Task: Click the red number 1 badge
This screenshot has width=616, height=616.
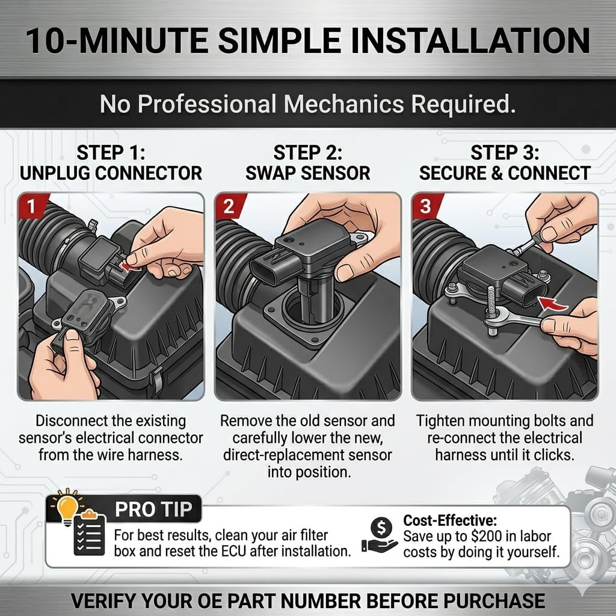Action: pos(31,206)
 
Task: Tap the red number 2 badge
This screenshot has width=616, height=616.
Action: pos(229,206)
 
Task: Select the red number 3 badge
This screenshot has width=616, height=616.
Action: pos(425,206)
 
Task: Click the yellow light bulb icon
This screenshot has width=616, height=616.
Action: pos(67,507)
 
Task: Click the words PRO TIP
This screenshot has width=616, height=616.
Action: pos(153,510)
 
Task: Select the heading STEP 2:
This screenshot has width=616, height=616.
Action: pos(307,153)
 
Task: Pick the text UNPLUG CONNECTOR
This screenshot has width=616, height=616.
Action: pos(111,173)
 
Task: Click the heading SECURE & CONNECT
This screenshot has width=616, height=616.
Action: pos(505,173)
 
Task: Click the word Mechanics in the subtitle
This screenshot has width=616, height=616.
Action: pos(343,104)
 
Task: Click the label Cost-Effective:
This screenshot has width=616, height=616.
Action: pos(450,520)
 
